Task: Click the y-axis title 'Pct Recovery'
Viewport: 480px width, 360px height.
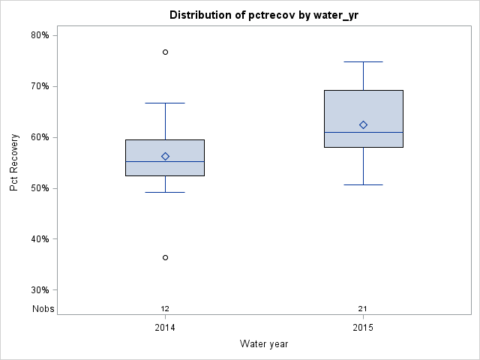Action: (14, 163)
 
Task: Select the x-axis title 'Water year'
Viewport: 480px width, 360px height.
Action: (264, 344)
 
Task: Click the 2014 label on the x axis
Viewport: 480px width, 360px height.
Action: (165, 328)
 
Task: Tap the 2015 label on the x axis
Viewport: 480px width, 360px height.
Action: (363, 328)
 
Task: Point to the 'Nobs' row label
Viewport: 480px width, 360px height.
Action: (43, 309)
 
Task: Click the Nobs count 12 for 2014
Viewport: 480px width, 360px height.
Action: (165, 309)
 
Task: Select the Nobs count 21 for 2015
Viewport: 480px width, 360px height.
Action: (363, 309)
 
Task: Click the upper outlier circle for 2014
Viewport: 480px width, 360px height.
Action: (165, 52)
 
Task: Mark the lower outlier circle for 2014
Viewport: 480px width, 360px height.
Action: (165, 257)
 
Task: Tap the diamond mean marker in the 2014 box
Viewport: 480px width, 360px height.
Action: (165, 156)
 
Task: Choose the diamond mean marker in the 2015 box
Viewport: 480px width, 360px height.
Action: (363, 124)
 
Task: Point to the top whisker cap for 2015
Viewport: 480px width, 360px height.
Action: (363, 61)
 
